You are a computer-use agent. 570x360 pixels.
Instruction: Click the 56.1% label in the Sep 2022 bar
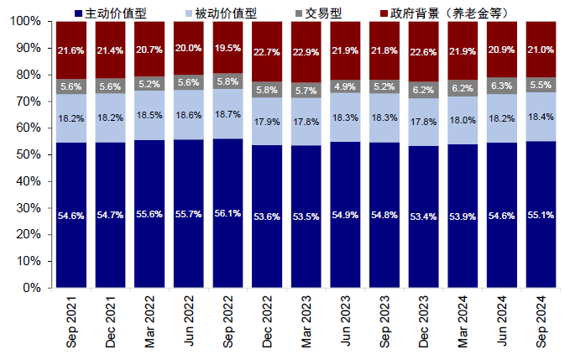(x=228, y=216)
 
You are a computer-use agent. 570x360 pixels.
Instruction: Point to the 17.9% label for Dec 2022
(x=268, y=123)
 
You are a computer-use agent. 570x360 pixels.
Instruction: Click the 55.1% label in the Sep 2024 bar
(x=541, y=216)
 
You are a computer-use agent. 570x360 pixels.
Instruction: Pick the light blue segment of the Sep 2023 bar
(x=384, y=117)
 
